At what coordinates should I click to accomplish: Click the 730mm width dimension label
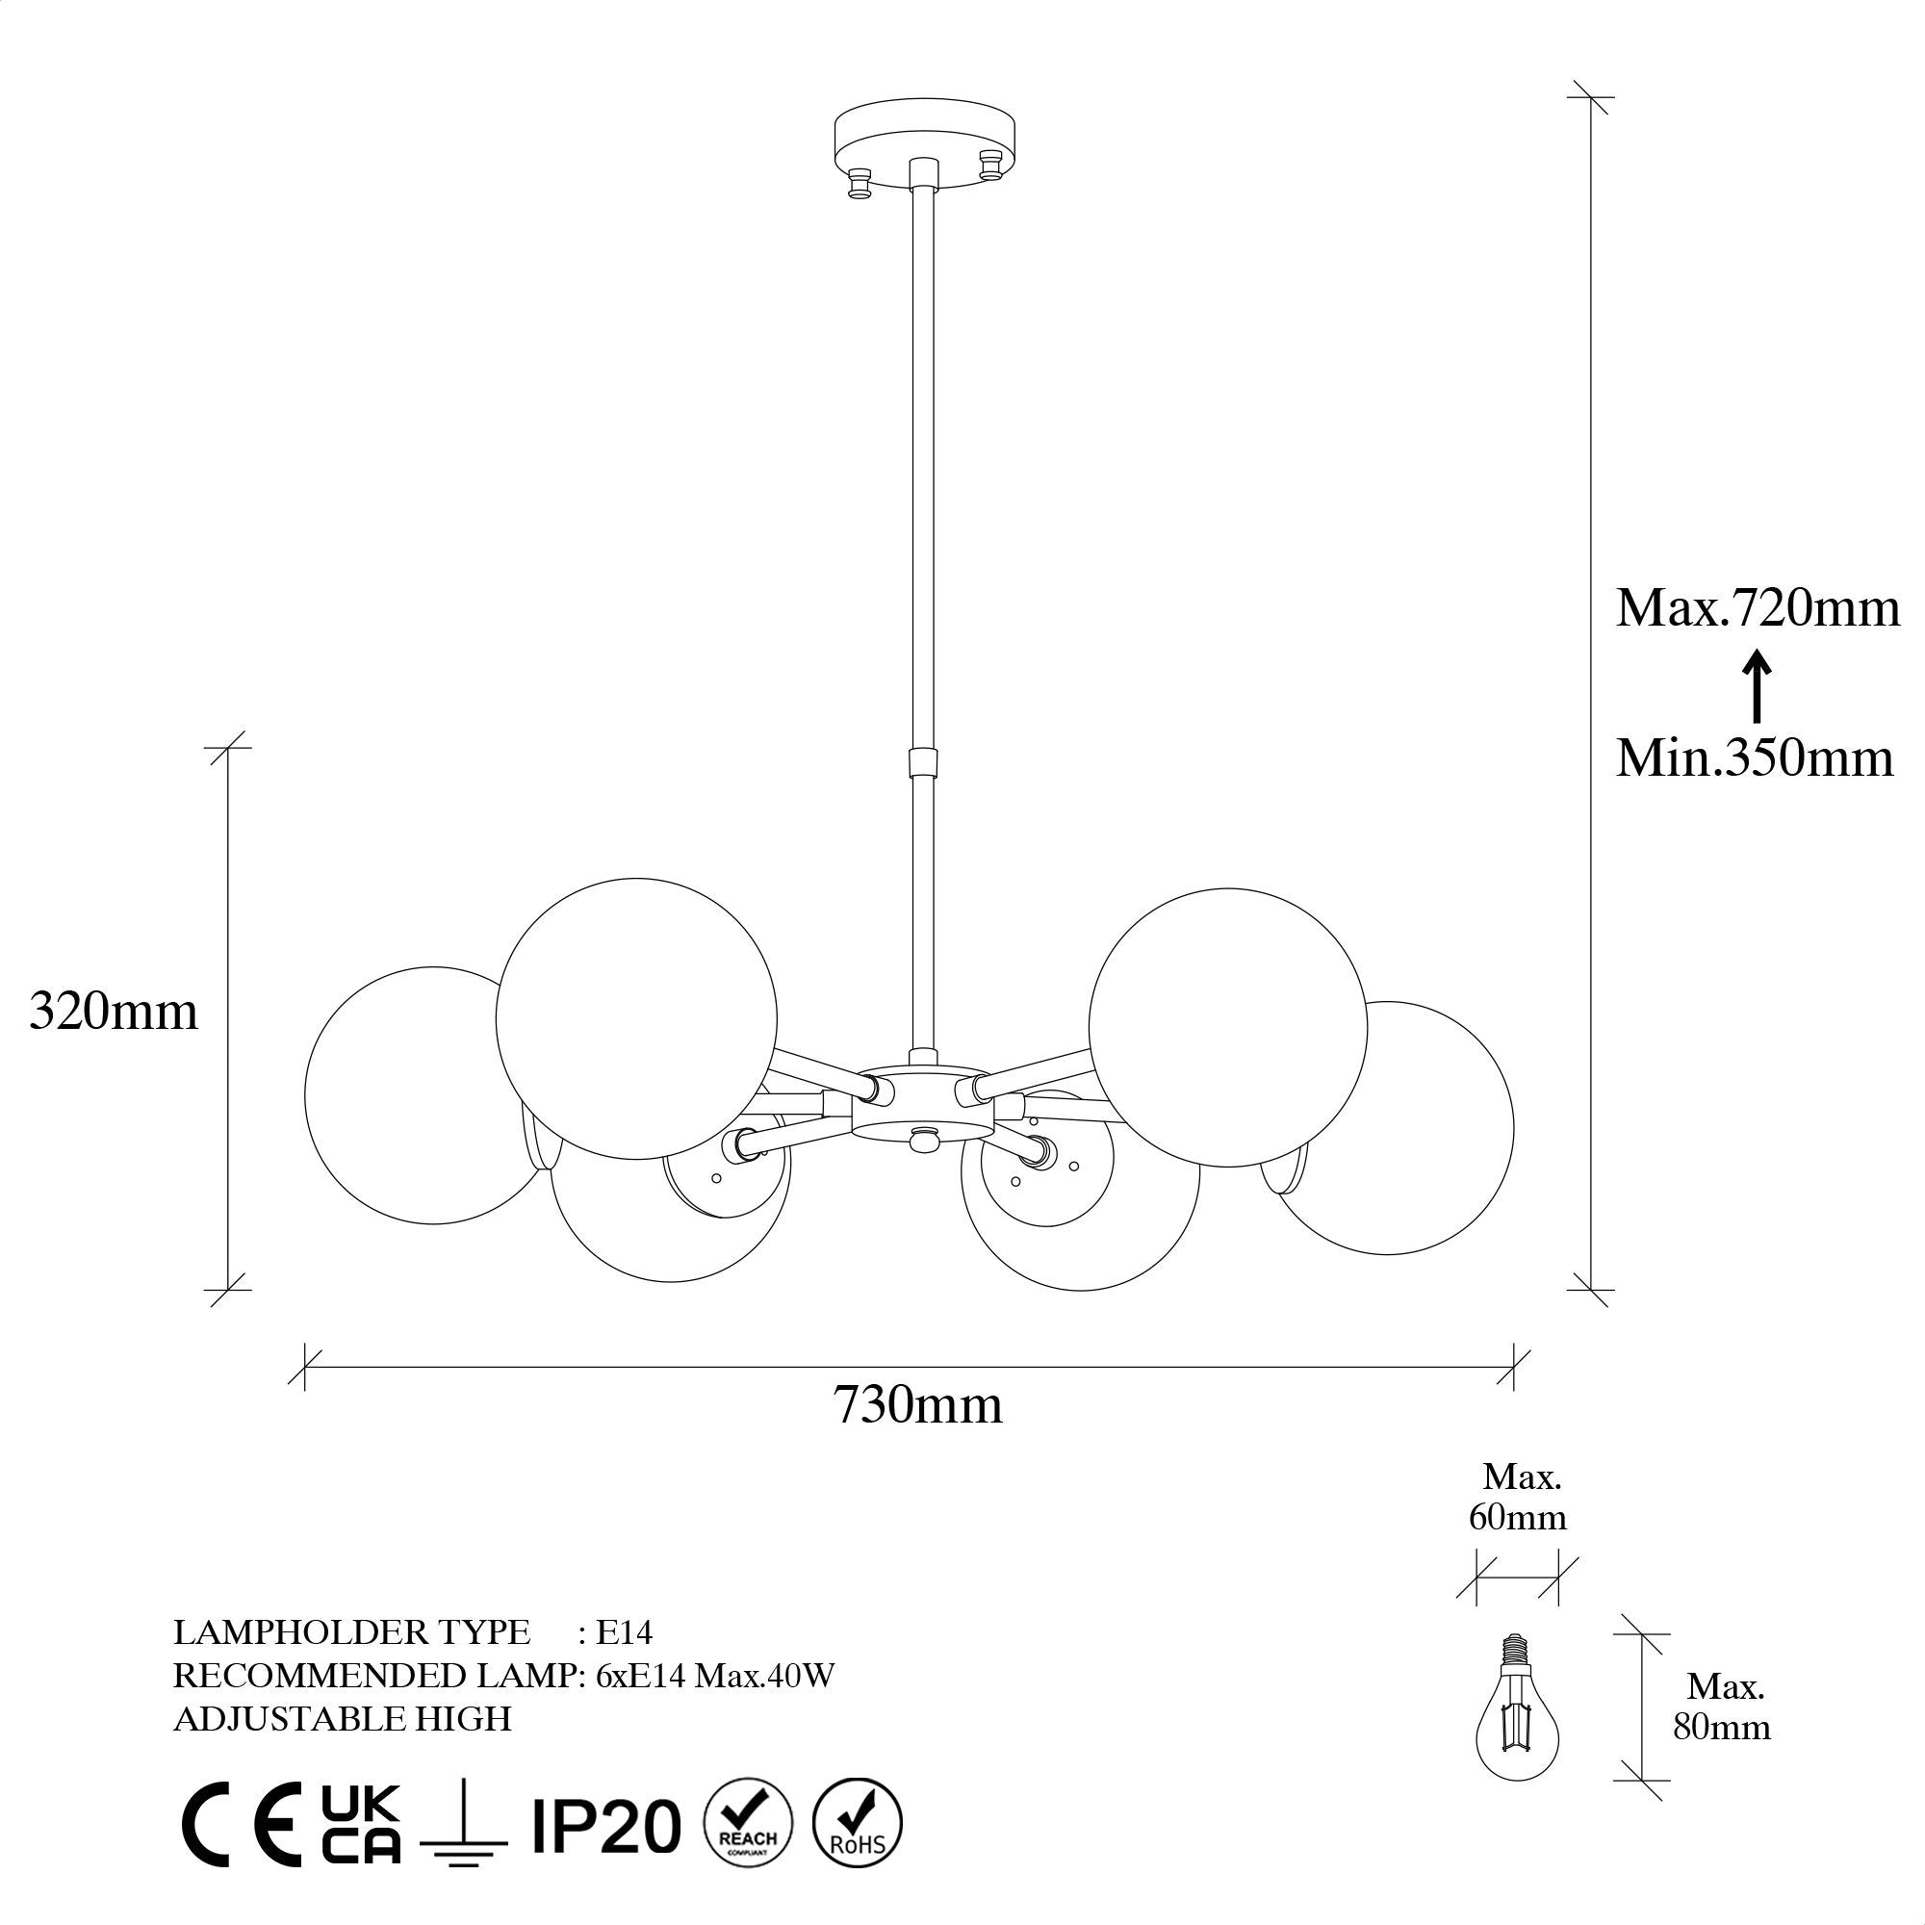pyautogui.click(x=917, y=1406)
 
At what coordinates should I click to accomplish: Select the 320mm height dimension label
pyautogui.click(x=114, y=1012)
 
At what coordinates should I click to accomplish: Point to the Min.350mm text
pyautogui.click(x=1754, y=758)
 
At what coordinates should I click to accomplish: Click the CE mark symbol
pyautogui.click(x=240, y=1823)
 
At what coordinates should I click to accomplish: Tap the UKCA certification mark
pyautogui.click(x=361, y=1822)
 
